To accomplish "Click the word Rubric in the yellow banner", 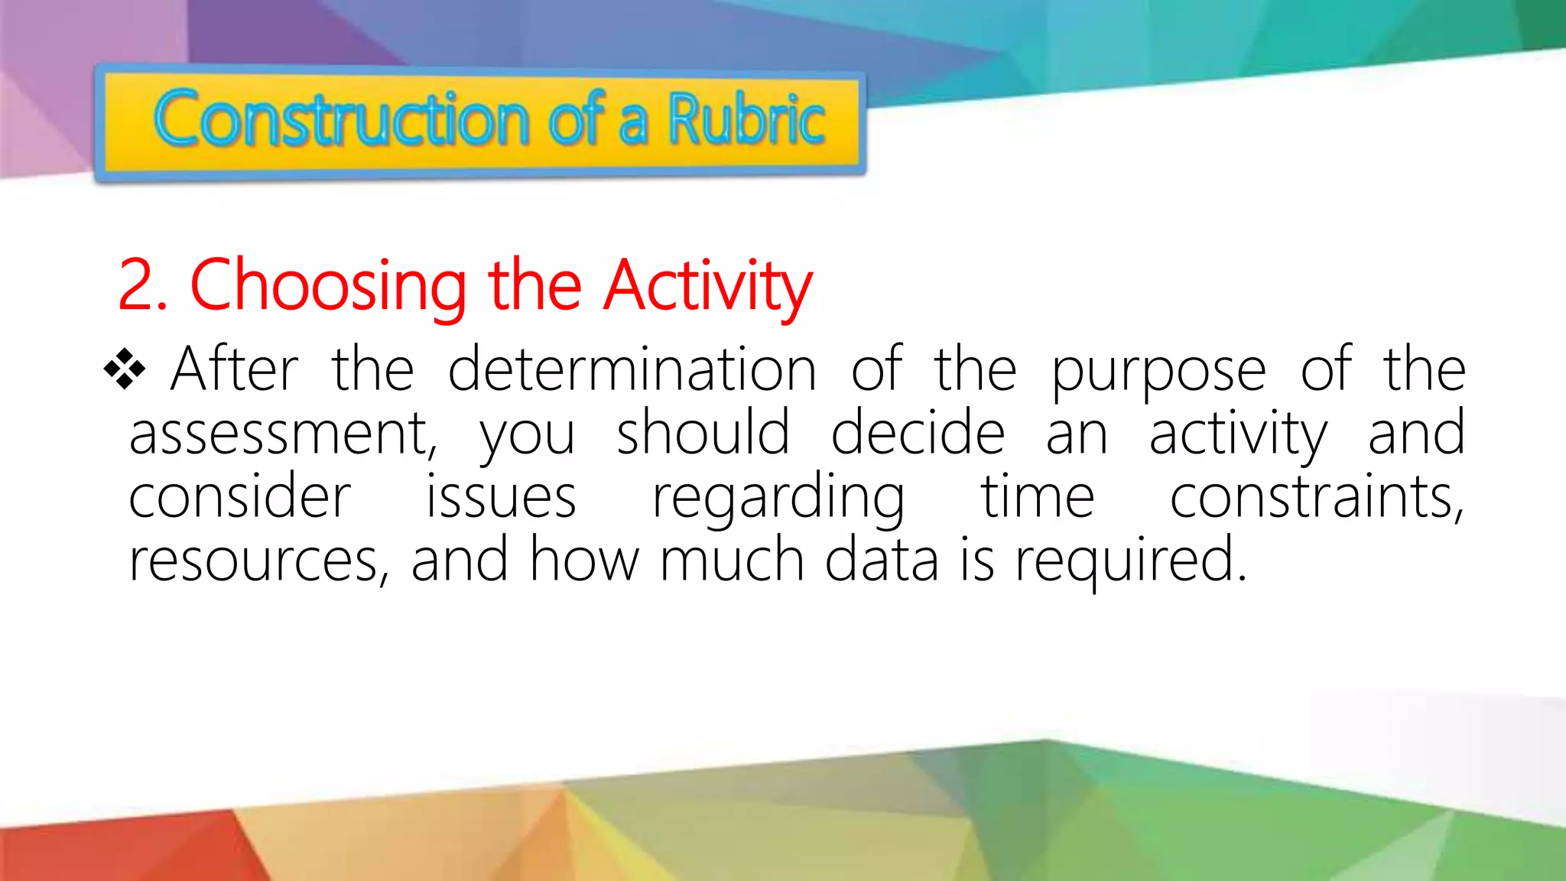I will coord(746,121).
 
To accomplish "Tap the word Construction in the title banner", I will coord(341,121).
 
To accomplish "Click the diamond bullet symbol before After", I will coord(125,369).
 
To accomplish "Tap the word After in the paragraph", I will coord(234,370).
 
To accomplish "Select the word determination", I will coord(632,370).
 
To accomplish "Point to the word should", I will coord(703,433).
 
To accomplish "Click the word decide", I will coord(918,433).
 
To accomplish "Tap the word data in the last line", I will coord(882,561).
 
